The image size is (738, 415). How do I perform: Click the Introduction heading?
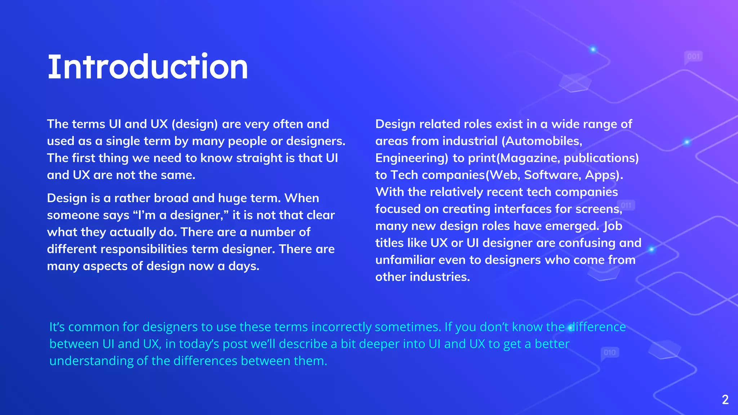click(x=148, y=67)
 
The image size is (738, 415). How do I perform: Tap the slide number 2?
click(x=725, y=400)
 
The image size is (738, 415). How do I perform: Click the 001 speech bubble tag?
click(x=693, y=57)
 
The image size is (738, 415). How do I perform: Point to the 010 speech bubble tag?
click(x=610, y=352)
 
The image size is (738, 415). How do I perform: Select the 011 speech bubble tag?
click(x=626, y=206)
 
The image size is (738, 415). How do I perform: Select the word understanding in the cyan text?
click(x=91, y=361)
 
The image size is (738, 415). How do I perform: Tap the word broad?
click(x=171, y=198)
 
